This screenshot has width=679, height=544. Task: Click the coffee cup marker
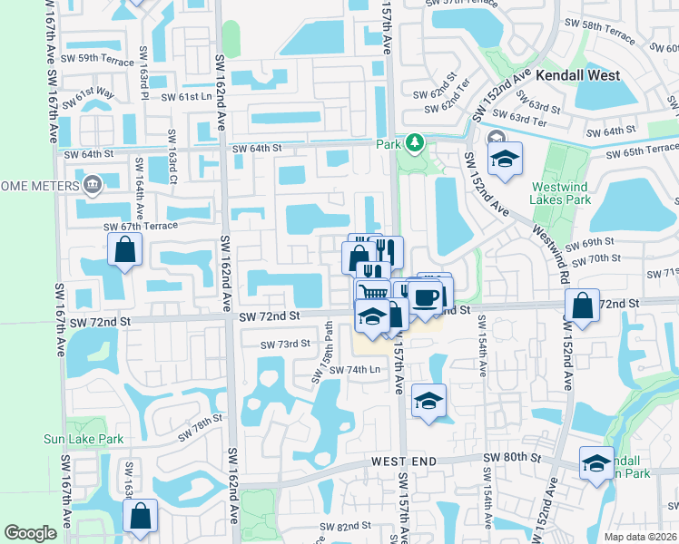coord(424,297)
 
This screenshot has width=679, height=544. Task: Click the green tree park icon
coord(415,142)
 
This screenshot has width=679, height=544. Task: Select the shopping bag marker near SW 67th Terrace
coord(124,248)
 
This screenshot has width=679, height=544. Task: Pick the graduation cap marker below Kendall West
coord(504,158)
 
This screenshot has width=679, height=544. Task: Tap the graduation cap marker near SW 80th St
coord(595,461)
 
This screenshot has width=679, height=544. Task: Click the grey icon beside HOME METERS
coord(92,186)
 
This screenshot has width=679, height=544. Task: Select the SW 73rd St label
coord(286,345)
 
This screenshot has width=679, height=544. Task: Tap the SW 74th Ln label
coord(354,370)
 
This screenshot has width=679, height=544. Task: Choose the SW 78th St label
coord(200,427)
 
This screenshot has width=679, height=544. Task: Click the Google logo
coord(31,533)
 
